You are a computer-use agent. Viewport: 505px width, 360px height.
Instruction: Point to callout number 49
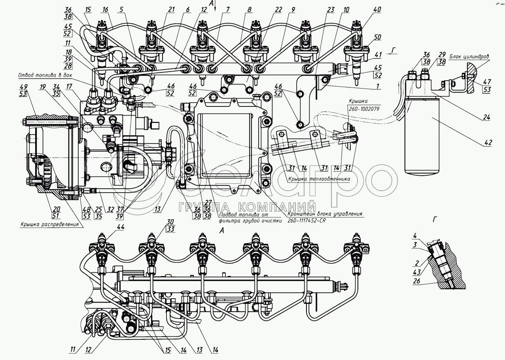[24, 87]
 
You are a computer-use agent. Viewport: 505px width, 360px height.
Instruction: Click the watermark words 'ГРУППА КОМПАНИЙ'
[247, 207]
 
